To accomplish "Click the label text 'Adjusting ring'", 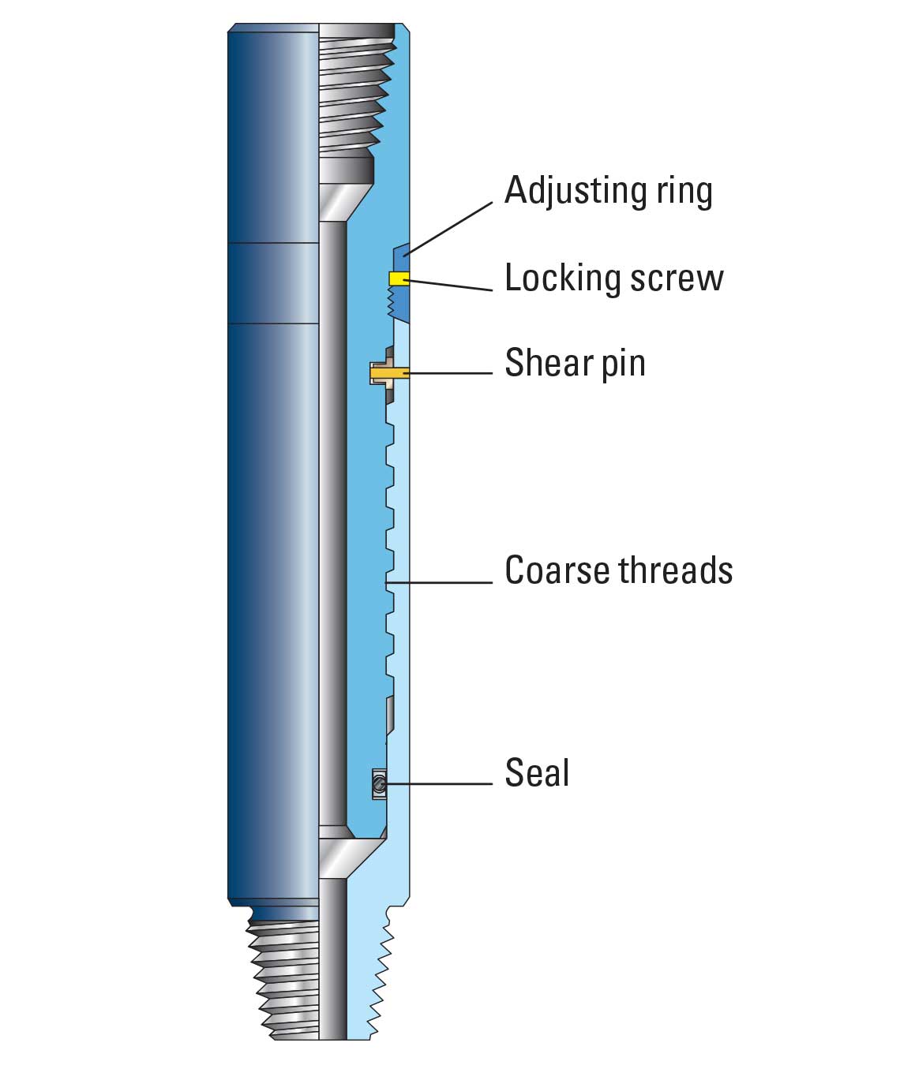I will click(x=608, y=191).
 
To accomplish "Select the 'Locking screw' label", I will click(x=613, y=278).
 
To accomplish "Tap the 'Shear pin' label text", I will click(x=575, y=363).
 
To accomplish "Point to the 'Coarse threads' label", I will click(x=618, y=570).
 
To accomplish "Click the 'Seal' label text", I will click(x=537, y=772).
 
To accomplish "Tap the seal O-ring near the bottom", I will click(x=379, y=784).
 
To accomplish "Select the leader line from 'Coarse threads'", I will click(x=442, y=583).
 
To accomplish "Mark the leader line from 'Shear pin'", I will click(x=450, y=372).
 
